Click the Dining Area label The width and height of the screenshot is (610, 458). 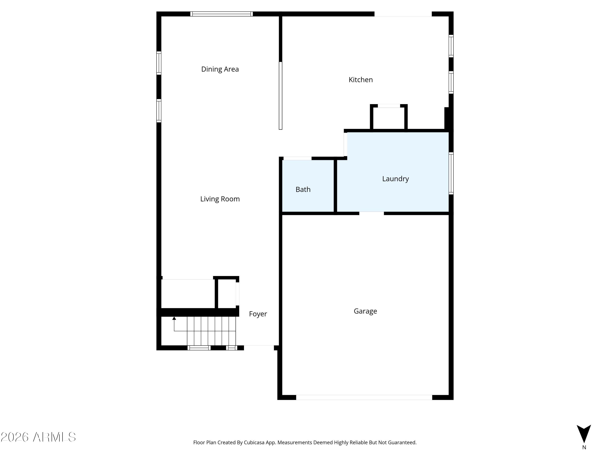click(220, 69)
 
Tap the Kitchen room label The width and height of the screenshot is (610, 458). click(361, 80)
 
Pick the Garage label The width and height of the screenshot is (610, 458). click(365, 311)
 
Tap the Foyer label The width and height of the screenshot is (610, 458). click(258, 314)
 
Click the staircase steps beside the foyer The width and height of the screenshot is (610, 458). click(211, 331)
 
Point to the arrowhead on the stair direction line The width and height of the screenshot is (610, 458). click(174, 318)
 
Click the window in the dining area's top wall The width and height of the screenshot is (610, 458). click(221, 14)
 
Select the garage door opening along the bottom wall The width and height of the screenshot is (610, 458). click(364, 397)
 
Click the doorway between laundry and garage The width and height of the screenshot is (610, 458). click(371, 213)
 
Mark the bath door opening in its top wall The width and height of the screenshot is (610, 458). click(297, 158)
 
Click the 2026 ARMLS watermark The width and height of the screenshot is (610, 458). click(38, 437)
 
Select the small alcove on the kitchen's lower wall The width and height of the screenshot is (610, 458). click(389, 117)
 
